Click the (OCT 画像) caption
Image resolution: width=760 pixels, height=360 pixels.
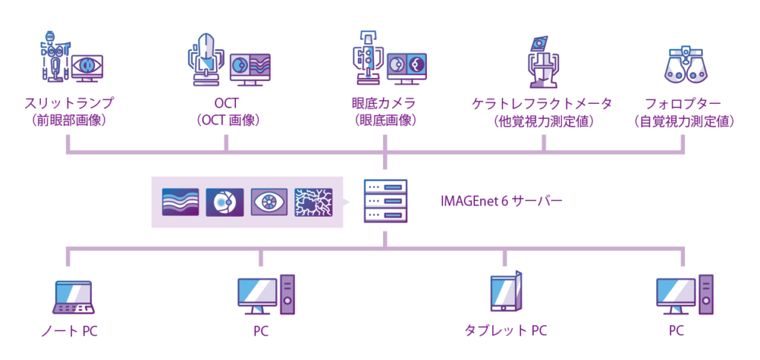click(228, 119)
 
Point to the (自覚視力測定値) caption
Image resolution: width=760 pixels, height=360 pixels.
click(684, 120)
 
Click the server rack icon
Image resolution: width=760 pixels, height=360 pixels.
click(384, 201)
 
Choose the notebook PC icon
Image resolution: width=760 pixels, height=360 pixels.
click(73, 297)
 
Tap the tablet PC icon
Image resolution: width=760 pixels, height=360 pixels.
click(506, 294)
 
